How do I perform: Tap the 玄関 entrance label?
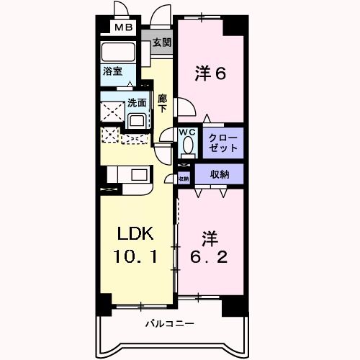click(x=161, y=42)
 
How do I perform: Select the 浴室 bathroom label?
click(x=112, y=72)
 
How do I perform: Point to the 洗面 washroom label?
click(x=136, y=103)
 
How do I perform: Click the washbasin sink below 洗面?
click(x=137, y=119)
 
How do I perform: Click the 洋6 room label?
click(x=210, y=73)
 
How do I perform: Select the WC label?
click(x=187, y=132)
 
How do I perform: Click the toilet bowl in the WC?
click(x=189, y=146)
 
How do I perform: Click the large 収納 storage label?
click(x=220, y=174)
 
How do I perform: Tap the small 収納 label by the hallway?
click(x=183, y=178)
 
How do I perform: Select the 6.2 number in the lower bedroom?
click(x=209, y=257)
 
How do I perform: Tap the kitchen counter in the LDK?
click(x=127, y=176)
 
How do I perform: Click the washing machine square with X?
click(x=112, y=112)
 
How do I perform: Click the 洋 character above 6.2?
click(x=209, y=235)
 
